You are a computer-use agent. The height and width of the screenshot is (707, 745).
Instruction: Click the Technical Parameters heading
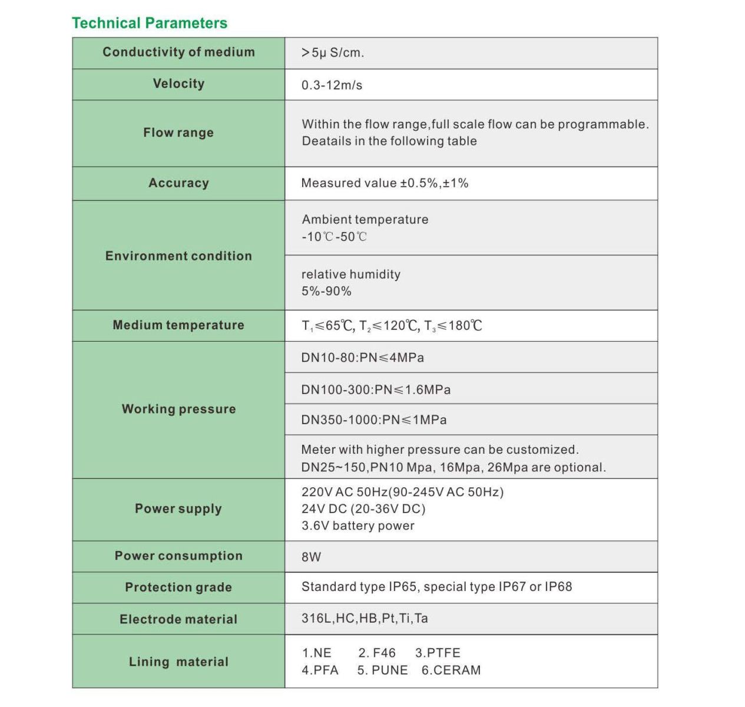[150, 23]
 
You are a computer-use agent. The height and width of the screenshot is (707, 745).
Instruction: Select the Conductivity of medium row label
[178, 52]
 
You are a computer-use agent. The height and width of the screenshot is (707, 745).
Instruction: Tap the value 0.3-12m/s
[332, 85]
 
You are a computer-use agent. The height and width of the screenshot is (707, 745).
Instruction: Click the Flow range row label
[178, 133]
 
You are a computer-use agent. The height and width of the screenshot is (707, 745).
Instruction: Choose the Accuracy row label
[178, 183]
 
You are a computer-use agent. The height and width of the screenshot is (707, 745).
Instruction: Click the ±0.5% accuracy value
[419, 183]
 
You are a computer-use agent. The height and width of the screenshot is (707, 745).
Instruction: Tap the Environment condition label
[178, 256]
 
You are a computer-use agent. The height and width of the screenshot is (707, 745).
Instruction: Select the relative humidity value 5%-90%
[326, 291]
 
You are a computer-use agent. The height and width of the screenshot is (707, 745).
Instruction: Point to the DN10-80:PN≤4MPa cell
[362, 358]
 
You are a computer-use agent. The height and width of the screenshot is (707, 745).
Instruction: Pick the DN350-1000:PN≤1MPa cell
[373, 420]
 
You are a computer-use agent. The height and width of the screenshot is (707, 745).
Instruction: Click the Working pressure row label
[178, 409]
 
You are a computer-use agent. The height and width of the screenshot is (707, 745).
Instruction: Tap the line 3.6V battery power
[357, 526]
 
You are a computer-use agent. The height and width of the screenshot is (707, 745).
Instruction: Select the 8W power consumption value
[311, 557]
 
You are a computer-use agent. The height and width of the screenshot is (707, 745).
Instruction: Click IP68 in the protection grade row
[558, 587]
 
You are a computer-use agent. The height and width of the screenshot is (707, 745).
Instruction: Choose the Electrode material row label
[178, 619]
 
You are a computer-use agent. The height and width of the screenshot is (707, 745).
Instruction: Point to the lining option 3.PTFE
[438, 653]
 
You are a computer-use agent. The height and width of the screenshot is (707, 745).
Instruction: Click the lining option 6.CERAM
[451, 670]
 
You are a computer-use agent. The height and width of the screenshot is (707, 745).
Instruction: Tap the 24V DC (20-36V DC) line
[363, 508]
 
